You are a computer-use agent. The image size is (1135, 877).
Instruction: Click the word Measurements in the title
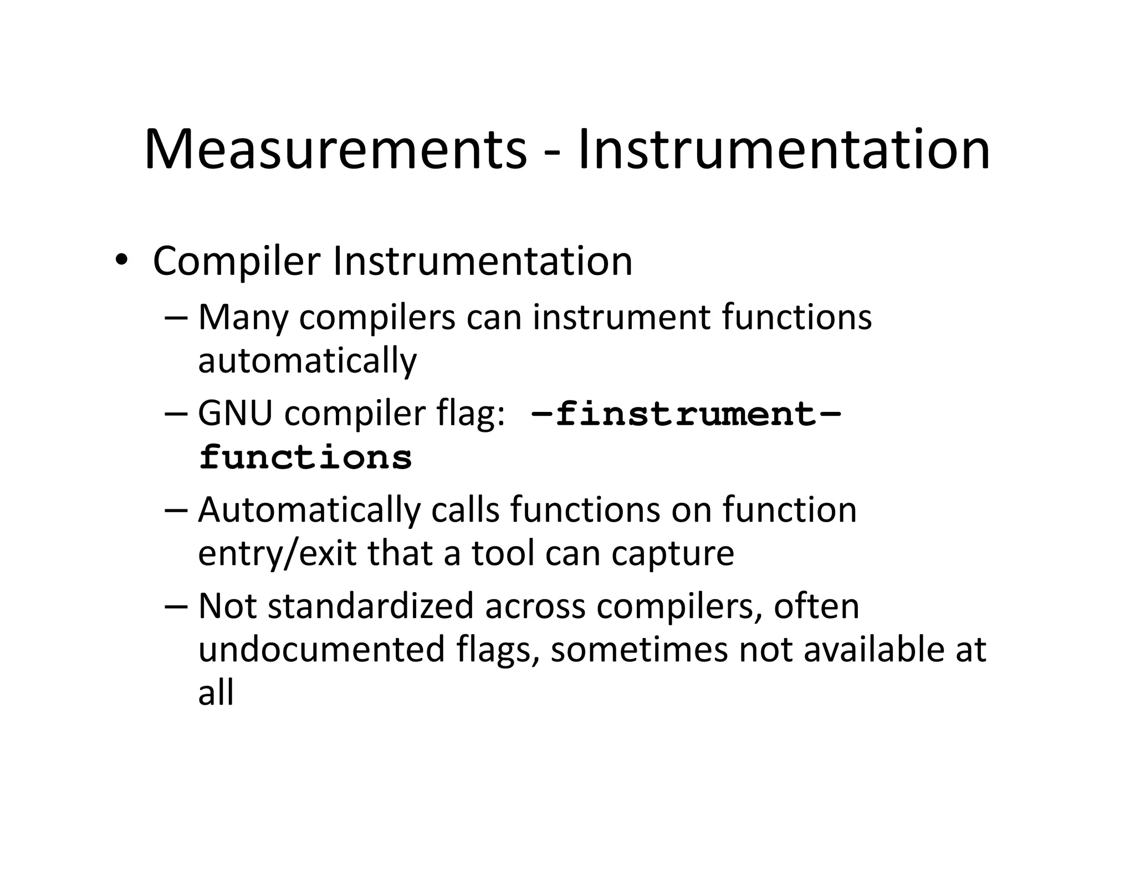click(335, 150)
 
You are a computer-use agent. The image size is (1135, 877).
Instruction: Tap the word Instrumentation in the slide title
click(783, 150)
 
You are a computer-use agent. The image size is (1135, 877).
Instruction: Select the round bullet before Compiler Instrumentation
click(121, 260)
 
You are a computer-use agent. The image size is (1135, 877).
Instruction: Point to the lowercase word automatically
click(307, 361)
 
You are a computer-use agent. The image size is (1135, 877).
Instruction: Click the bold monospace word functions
click(305, 458)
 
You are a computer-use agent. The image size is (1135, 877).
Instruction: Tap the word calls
click(466, 511)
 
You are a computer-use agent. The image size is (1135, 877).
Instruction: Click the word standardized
click(370, 606)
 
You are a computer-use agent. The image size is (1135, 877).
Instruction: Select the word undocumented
click(321, 650)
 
